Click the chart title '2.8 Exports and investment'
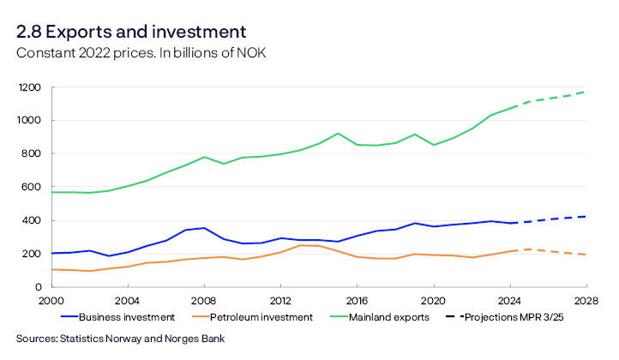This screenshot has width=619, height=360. click(x=130, y=32)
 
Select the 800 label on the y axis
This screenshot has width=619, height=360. click(x=33, y=153)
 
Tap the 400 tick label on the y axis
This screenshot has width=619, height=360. click(x=33, y=220)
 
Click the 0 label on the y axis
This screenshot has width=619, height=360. click(x=39, y=287)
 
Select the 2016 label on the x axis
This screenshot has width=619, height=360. click(x=357, y=302)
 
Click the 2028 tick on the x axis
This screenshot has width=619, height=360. click(x=587, y=302)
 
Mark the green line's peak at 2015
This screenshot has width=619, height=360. click(x=338, y=134)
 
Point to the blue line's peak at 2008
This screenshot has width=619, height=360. click(x=202, y=228)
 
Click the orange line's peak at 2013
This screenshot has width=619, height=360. click(x=299, y=245)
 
